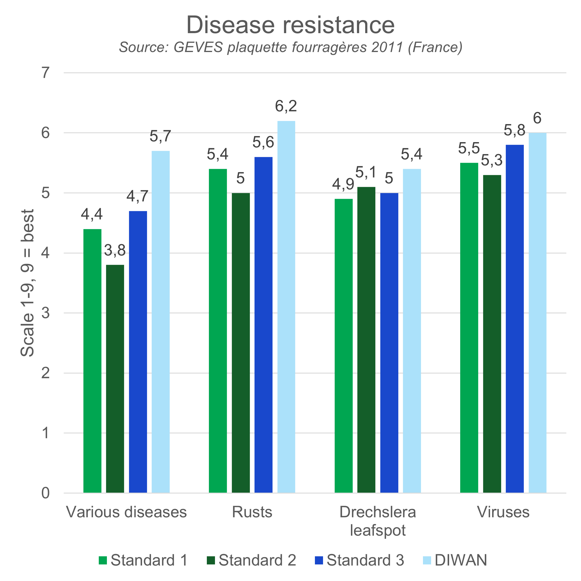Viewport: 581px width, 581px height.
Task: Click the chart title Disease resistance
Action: (290, 25)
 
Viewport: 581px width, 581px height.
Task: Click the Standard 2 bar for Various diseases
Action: (115, 379)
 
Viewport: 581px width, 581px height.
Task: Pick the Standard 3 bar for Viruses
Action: (515, 319)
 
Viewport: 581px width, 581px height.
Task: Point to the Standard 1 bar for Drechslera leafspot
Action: (344, 346)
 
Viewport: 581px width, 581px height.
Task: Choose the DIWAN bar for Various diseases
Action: (161, 322)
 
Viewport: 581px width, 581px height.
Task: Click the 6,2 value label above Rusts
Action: (286, 106)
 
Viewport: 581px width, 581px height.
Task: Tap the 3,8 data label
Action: (115, 250)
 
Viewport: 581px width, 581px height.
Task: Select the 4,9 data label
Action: (343, 184)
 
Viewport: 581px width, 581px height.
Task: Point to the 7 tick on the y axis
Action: (45, 73)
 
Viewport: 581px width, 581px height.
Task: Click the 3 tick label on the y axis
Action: (45, 313)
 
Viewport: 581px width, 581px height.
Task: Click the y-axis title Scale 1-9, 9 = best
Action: (27, 283)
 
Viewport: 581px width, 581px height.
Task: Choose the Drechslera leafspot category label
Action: (378, 521)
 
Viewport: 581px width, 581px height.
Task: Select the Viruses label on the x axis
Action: (503, 512)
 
